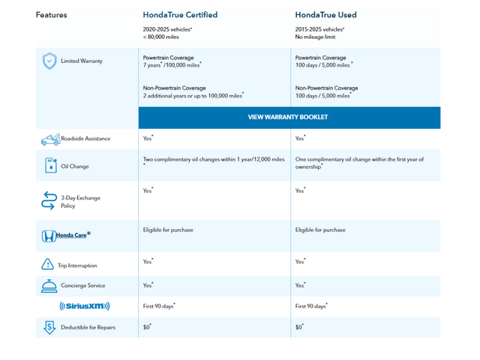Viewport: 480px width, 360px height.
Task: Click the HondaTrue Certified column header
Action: tap(180, 14)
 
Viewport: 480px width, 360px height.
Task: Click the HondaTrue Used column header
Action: tap(325, 14)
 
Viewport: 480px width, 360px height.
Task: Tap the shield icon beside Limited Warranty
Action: tap(49, 60)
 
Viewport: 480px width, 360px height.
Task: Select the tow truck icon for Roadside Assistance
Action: tap(51, 139)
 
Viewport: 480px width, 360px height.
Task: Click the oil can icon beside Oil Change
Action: tap(50, 166)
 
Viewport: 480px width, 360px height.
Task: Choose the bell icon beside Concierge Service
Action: tap(49, 285)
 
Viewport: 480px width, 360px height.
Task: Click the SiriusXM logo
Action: tap(85, 306)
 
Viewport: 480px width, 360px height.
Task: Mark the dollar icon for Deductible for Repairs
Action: tap(49, 327)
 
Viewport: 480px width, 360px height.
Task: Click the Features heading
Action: tap(51, 14)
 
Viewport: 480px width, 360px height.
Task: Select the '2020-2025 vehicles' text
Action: tap(172, 29)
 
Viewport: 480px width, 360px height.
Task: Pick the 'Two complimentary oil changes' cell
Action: tap(214, 159)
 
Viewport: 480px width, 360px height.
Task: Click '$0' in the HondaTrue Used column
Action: tap(299, 327)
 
